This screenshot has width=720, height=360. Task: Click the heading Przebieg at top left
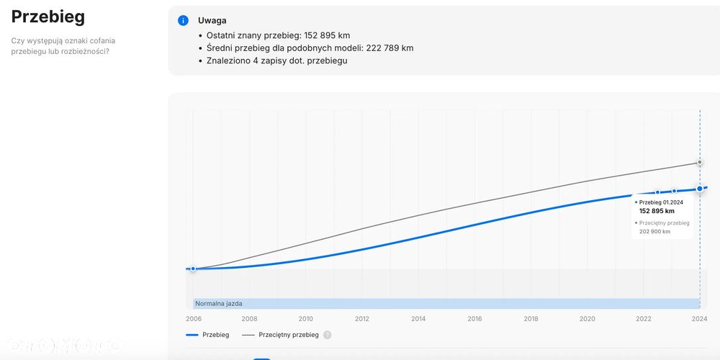click(x=48, y=17)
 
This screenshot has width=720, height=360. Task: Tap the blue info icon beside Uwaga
click(x=184, y=20)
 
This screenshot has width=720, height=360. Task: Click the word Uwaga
click(x=212, y=21)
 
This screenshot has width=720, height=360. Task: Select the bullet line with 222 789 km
click(x=310, y=48)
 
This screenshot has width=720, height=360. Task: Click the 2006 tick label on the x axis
click(x=193, y=319)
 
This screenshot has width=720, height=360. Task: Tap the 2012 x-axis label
click(x=362, y=319)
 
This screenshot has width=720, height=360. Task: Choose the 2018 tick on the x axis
click(x=531, y=319)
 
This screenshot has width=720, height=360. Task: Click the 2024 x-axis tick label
click(x=700, y=319)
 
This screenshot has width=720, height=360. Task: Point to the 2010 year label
click(x=306, y=319)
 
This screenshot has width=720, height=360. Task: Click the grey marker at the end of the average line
click(x=699, y=163)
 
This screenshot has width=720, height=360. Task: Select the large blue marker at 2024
click(x=699, y=189)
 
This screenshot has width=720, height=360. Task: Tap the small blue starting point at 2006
click(x=193, y=269)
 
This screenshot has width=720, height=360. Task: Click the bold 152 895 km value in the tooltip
click(x=657, y=211)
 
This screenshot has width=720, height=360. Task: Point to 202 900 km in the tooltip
click(x=654, y=232)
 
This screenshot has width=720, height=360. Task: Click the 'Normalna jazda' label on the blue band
click(x=219, y=304)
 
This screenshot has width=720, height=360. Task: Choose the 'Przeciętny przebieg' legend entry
click(x=288, y=335)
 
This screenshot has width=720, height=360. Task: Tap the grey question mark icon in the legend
click(x=328, y=335)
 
